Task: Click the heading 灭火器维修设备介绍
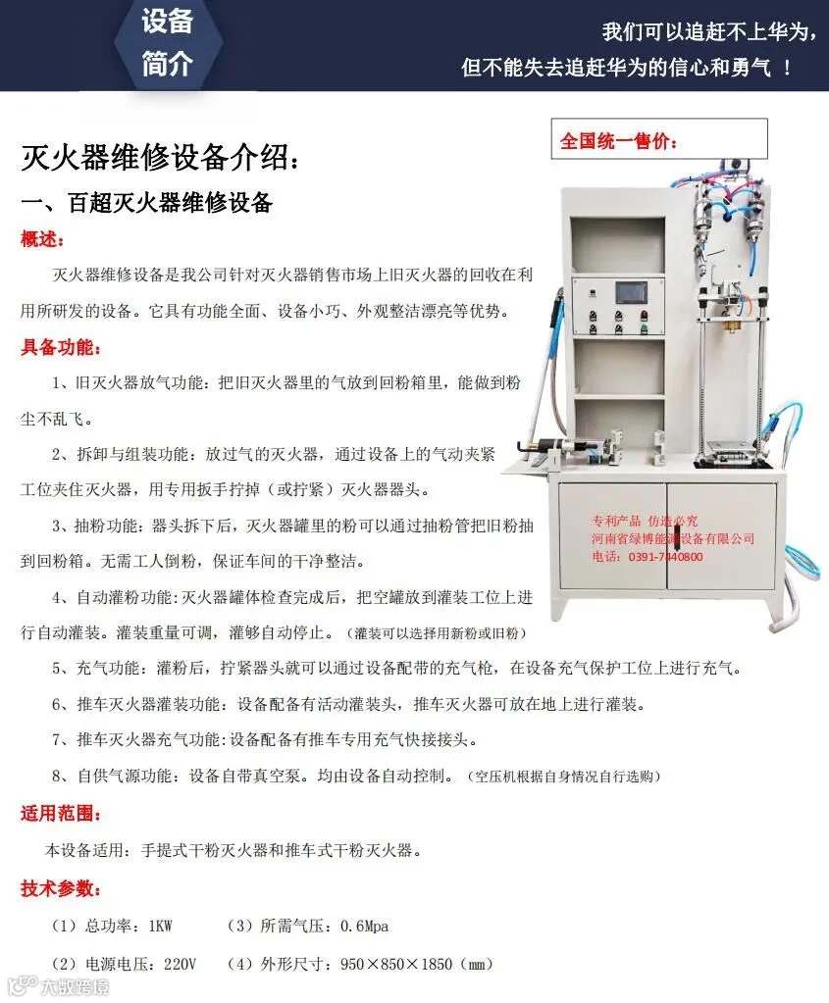(154, 157)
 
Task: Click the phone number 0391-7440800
(666, 557)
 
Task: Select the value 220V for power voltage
(180, 964)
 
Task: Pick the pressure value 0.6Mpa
(364, 926)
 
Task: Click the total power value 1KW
(160, 926)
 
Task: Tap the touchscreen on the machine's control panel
(631, 293)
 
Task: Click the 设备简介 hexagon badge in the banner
(168, 42)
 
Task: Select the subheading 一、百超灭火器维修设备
(146, 203)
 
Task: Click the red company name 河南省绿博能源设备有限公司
(673, 538)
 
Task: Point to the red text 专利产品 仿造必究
(645, 521)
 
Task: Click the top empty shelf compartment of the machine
(618, 246)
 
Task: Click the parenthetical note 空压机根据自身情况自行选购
(564, 777)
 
